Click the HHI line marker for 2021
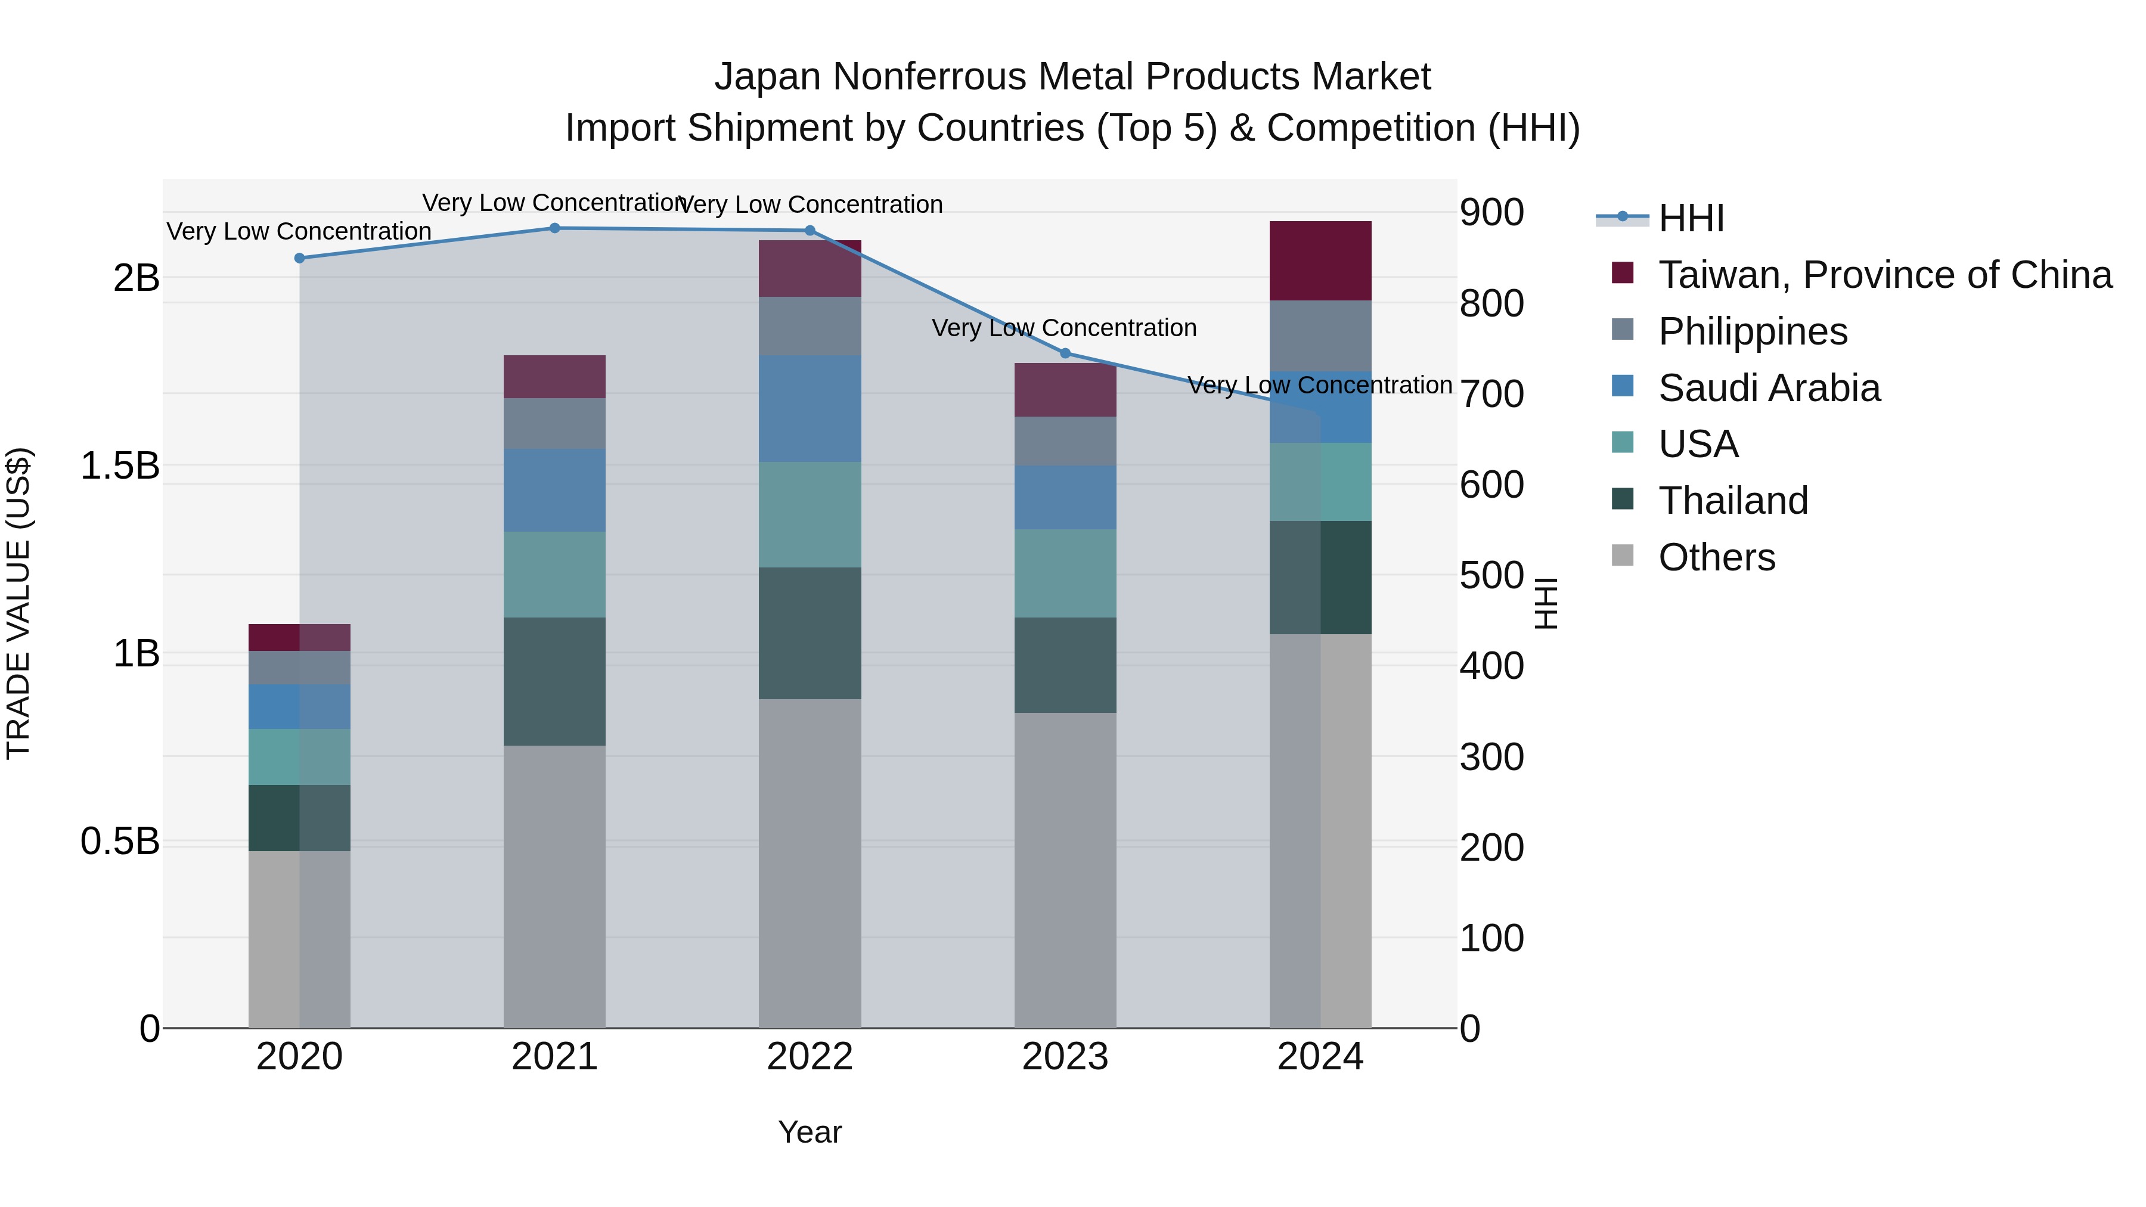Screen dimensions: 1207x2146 (555, 228)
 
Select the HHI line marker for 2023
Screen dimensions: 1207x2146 (1065, 353)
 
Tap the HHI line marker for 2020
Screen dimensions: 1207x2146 (300, 258)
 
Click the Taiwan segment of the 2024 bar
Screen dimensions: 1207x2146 (1320, 260)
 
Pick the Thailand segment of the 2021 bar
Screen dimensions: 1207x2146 (555, 681)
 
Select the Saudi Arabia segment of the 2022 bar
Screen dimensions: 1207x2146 (810, 408)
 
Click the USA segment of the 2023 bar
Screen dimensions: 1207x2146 (1065, 573)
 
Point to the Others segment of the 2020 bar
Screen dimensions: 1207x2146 (300, 939)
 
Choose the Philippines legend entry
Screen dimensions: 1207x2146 (1752, 331)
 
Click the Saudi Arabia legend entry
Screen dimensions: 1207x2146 (1769, 388)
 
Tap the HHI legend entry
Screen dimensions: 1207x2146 (1691, 218)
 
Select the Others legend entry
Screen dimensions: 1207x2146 (1716, 557)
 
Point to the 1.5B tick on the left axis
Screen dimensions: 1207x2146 (120, 466)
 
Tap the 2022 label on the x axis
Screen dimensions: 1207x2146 (810, 1057)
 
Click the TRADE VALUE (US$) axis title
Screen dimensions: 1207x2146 (18, 603)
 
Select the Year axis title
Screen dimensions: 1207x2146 (810, 1132)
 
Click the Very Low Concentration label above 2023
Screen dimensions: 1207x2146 (1064, 328)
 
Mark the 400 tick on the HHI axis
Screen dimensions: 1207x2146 (1491, 666)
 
